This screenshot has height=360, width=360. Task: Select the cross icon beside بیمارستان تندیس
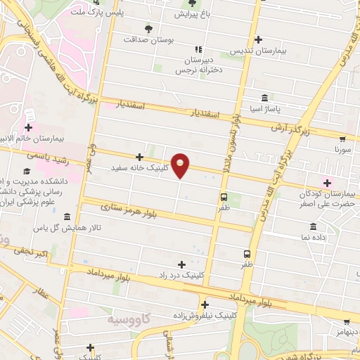tap(259, 39)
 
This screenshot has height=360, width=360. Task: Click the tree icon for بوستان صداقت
tap(148, 29)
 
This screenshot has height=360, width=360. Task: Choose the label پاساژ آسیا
tap(264, 109)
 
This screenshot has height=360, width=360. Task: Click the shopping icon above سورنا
tap(342, 139)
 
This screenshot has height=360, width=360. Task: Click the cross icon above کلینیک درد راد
tap(182, 264)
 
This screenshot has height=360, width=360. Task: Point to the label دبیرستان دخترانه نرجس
tap(198, 65)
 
